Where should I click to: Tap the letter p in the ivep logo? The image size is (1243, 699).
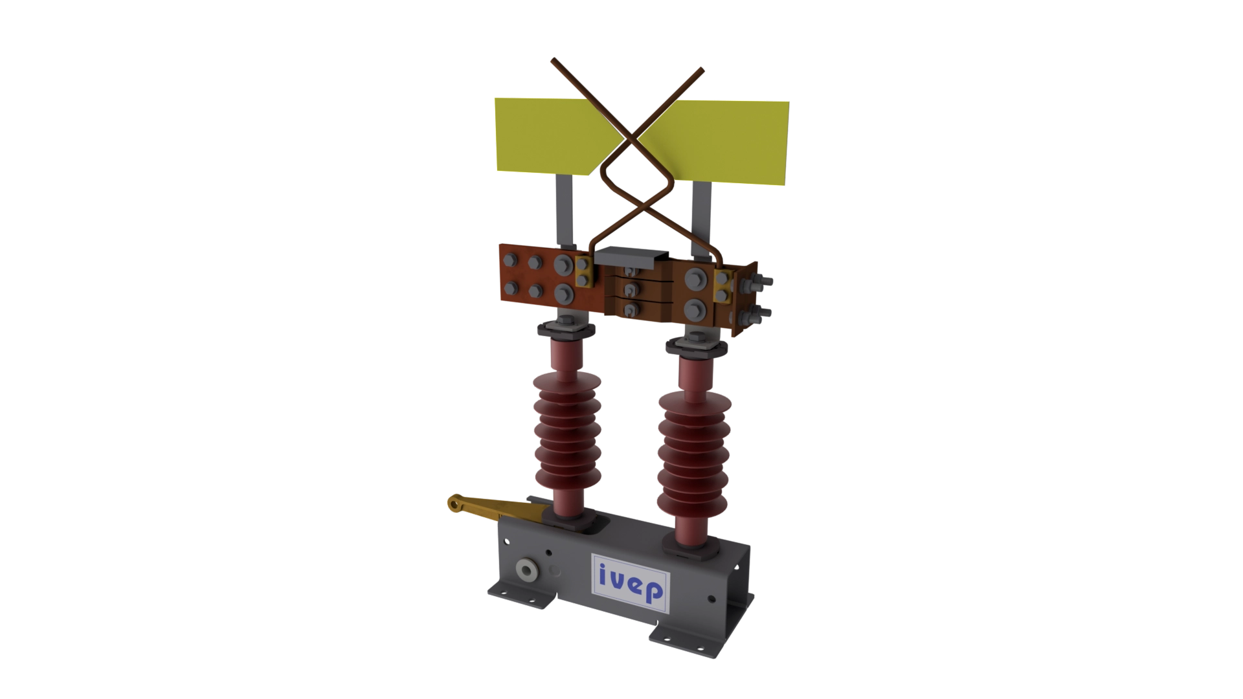pyautogui.click(x=654, y=592)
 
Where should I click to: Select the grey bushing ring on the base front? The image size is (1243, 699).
pyautogui.click(x=526, y=570)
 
